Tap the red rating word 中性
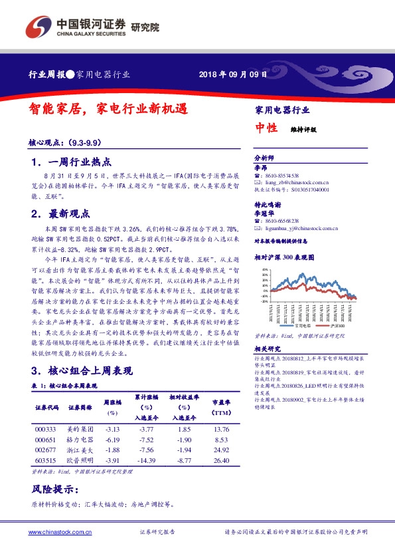(x=266, y=129)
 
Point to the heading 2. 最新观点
(x=63, y=214)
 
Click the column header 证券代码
(x=46, y=407)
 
